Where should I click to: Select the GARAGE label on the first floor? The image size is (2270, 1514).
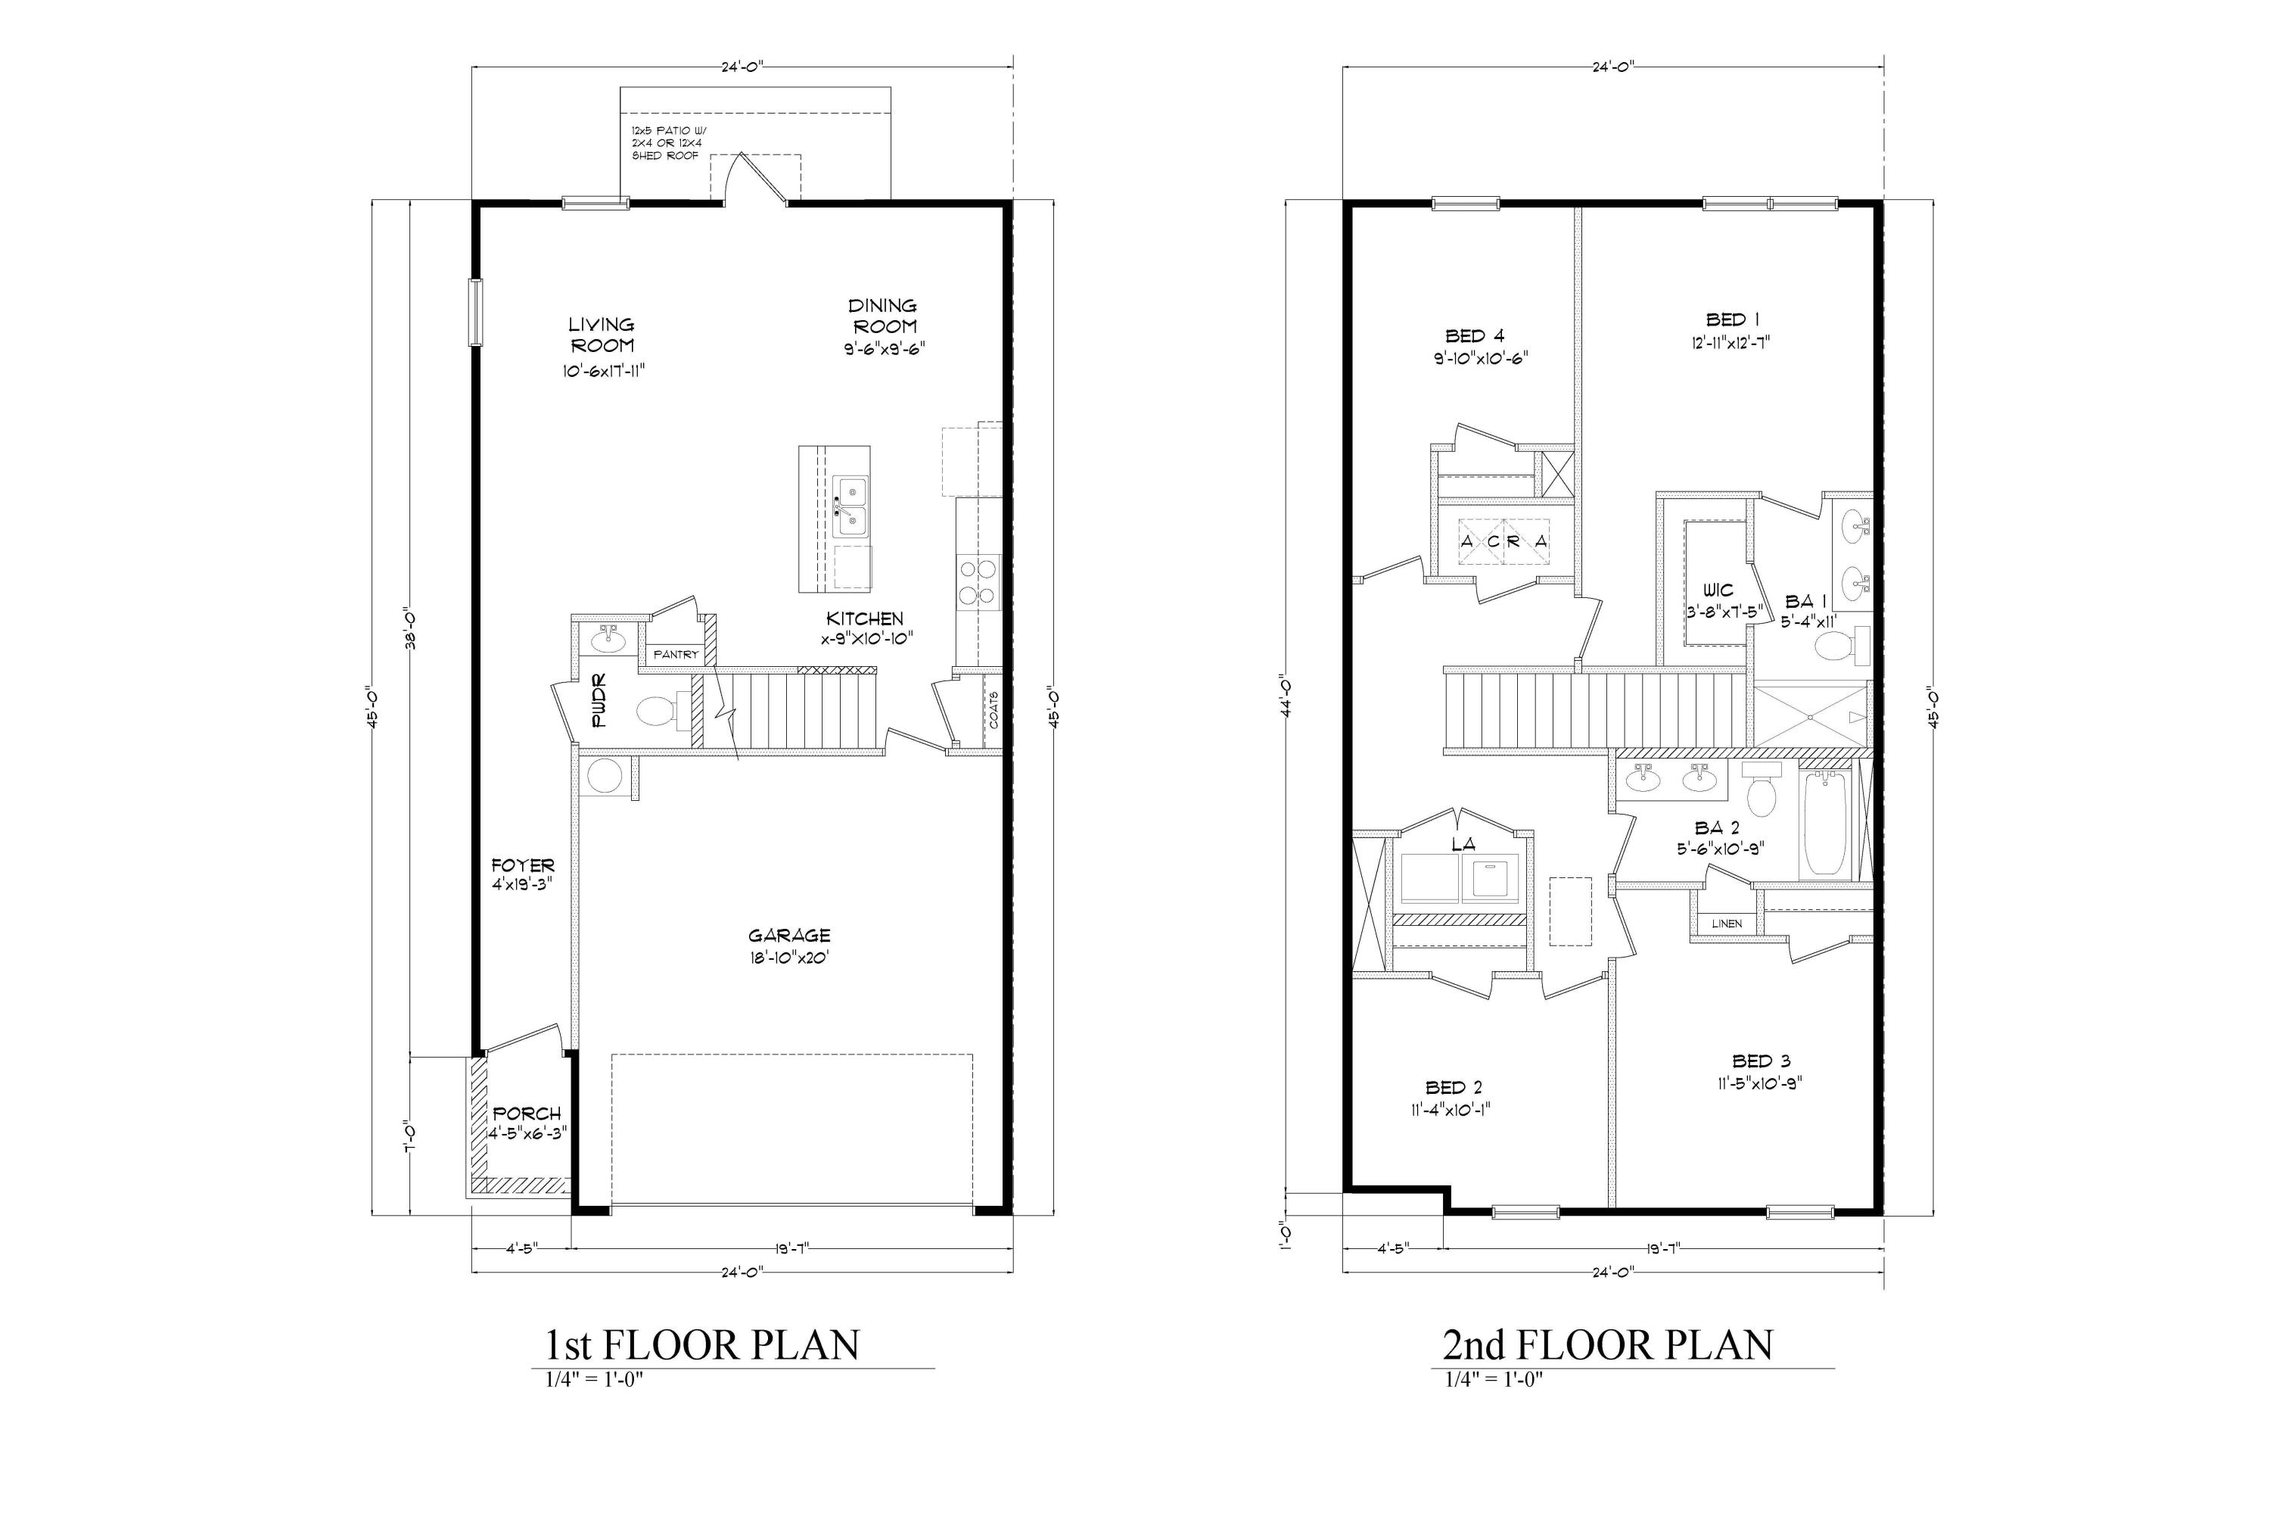pos(788,935)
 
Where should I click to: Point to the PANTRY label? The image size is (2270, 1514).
pos(676,655)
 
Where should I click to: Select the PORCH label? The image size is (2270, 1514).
pos(526,1114)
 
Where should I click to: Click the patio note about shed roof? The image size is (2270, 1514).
pos(666,143)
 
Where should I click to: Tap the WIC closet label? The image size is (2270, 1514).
pos(1718,590)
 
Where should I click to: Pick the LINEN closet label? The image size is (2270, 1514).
pos(1727,923)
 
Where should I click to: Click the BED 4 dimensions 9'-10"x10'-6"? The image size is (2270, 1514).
pos(1481,357)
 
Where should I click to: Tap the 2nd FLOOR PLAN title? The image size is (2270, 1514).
pos(1607,1345)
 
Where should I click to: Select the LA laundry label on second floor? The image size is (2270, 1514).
pos(1463,844)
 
